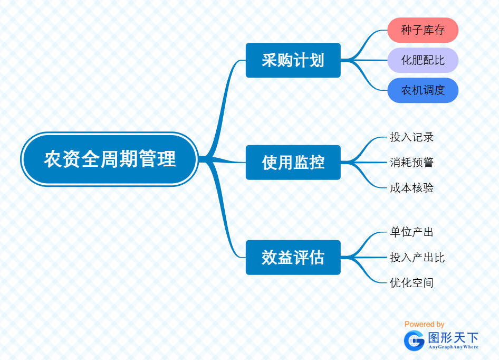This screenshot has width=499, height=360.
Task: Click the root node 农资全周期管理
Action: (110, 159)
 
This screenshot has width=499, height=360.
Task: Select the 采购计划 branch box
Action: (293, 60)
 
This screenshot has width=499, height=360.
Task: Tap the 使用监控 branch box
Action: (293, 162)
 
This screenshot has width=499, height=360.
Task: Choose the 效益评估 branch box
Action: (293, 257)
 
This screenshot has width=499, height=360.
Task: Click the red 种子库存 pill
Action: (423, 30)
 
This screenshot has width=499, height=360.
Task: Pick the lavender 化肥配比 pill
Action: (423, 60)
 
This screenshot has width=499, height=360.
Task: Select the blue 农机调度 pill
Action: (423, 90)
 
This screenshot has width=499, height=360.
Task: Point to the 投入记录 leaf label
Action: (411, 137)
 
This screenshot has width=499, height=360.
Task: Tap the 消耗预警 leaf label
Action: (411, 162)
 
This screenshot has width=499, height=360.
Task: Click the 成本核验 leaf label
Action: (411, 187)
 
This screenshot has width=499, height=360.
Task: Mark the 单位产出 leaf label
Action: (411, 232)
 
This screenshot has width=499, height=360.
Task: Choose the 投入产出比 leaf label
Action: (417, 257)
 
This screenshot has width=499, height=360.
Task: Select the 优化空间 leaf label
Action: (411, 282)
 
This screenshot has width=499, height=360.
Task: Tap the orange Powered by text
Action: (424, 324)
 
